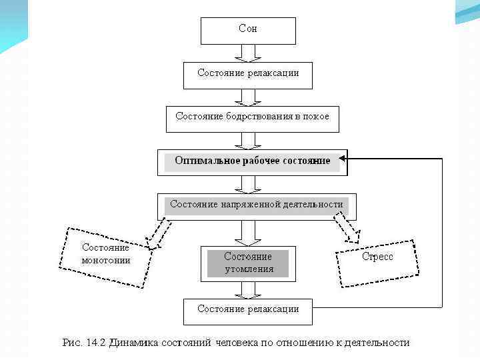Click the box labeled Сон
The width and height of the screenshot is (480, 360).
click(248, 30)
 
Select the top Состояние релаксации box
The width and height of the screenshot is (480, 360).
click(248, 74)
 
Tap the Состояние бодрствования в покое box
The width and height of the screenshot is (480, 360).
click(252, 117)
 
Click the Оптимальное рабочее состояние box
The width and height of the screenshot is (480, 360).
click(252, 161)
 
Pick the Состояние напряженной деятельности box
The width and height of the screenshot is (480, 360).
click(256, 205)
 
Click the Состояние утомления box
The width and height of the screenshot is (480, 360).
click(248, 263)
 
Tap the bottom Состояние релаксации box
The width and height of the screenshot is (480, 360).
click(248, 310)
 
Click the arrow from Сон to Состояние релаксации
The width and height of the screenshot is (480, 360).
click(248, 53)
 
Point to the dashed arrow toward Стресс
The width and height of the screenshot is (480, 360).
click(348, 229)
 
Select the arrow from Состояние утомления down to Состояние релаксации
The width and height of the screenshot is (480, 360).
click(248, 289)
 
